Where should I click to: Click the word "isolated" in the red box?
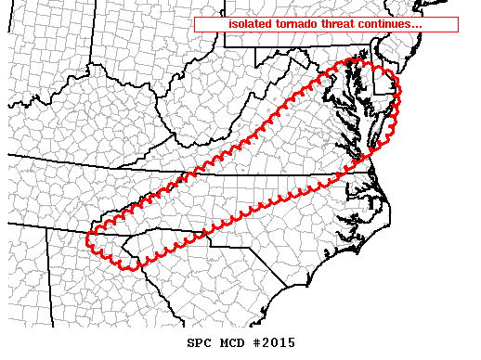[x=250, y=24]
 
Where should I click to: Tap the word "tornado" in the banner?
[x=300, y=24]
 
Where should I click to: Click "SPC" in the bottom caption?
[x=200, y=342]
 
